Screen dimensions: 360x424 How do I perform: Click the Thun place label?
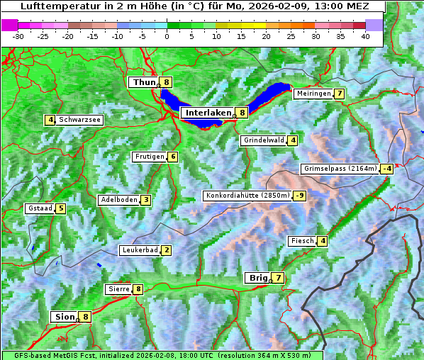tap(144, 83)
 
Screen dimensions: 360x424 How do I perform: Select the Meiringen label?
tap(313, 94)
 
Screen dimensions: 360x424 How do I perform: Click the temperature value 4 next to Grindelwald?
tap(293, 140)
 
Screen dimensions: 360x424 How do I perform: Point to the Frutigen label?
tap(150, 157)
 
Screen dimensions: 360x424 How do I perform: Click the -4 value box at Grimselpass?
tap(386, 169)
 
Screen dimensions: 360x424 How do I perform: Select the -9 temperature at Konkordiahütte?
tap(300, 196)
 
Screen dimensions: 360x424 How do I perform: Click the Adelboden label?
tap(118, 200)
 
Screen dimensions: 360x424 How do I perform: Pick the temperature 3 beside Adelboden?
tap(145, 200)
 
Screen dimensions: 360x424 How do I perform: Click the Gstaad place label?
tap(40, 208)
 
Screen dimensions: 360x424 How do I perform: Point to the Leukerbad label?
tap(139, 250)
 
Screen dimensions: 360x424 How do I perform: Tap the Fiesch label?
tap(302, 241)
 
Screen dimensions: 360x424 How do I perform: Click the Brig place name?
tap(257, 278)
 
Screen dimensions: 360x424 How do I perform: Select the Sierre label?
tap(118, 289)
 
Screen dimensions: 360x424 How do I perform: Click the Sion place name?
tap(64, 317)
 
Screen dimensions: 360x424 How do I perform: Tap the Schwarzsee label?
tap(80, 120)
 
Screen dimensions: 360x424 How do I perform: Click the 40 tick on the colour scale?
tap(365, 36)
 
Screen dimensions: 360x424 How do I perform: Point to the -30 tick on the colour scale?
tap(18, 36)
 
